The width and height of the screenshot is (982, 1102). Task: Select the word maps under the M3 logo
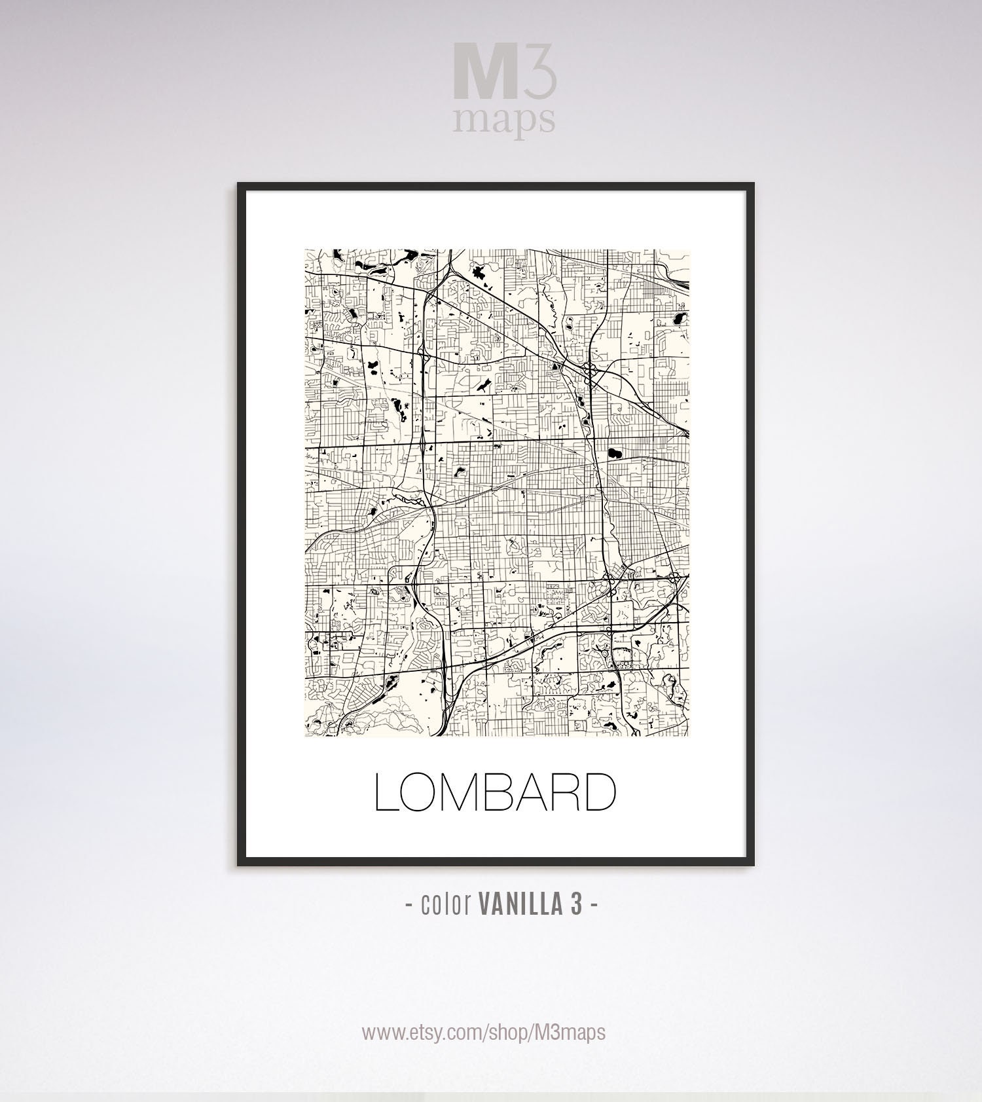click(x=503, y=119)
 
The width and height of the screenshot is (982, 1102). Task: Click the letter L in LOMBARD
click(x=386, y=792)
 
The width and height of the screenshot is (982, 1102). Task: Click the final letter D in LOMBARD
click(x=601, y=792)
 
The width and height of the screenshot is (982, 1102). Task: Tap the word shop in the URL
click(x=511, y=1033)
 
